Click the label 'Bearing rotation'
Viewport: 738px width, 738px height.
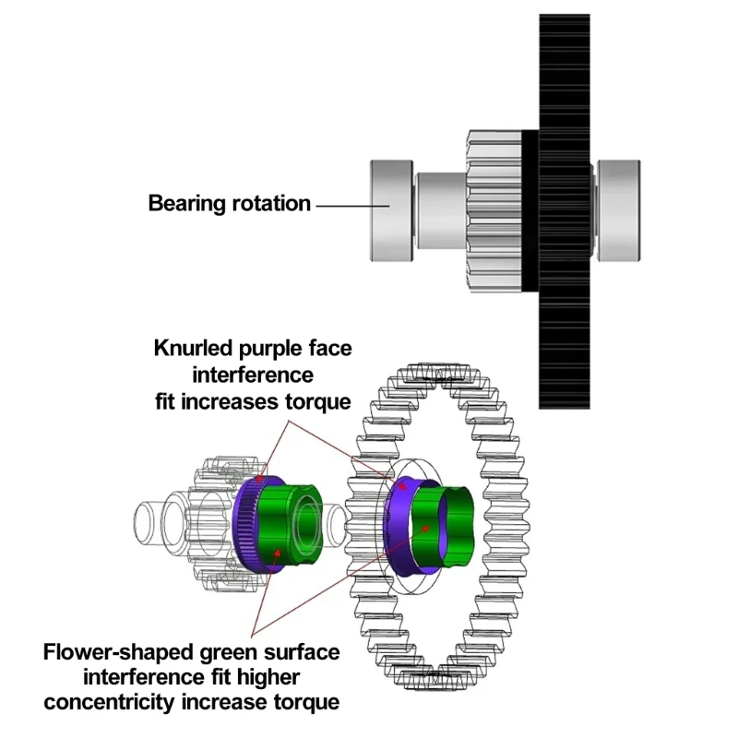(x=229, y=204)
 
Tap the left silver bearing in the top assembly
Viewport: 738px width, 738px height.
(x=390, y=209)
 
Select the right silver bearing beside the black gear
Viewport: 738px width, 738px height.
(x=618, y=210)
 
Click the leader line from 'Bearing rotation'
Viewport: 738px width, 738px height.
(x=343, y=205)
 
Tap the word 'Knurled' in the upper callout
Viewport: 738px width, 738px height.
(x=193, y=348)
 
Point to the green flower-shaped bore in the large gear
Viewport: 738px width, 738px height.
(x=446, y=524)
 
